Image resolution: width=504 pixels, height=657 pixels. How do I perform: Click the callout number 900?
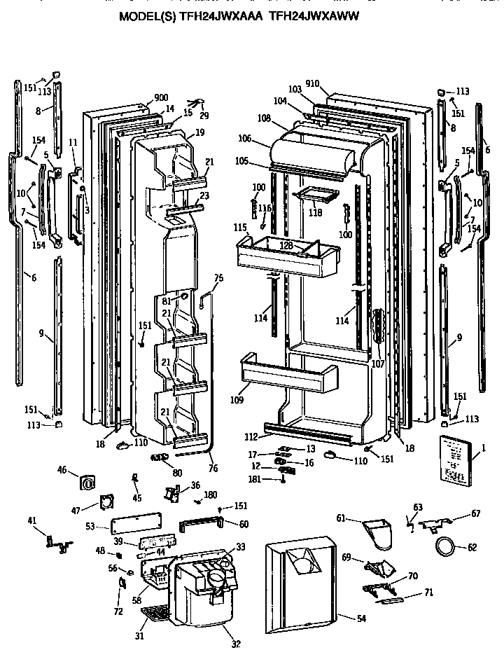(x=161, y=98)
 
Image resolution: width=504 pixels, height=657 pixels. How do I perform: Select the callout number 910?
(x=313, y=84)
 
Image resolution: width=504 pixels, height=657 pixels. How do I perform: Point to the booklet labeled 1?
(x=457, y=459)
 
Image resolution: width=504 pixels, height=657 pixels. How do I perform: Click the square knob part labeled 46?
(x=88, y=483)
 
